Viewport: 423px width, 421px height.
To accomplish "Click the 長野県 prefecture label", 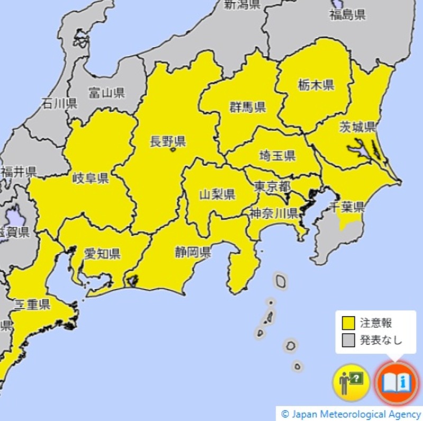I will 168,141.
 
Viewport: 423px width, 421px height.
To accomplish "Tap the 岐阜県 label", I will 90,178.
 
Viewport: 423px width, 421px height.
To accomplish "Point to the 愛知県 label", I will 102,253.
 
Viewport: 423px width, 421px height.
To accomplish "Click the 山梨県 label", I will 217,194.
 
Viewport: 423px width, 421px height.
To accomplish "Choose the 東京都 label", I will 272,186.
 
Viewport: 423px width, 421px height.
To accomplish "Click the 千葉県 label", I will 347,207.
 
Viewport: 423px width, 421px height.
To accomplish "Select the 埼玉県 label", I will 277,156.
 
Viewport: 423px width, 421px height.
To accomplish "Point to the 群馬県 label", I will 247,108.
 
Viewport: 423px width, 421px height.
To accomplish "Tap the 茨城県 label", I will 357,127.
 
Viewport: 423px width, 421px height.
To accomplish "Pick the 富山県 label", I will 107,94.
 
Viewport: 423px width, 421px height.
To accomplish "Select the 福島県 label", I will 347,15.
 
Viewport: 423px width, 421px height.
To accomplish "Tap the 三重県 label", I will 32,304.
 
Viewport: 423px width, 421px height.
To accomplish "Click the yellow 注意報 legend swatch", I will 348,323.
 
